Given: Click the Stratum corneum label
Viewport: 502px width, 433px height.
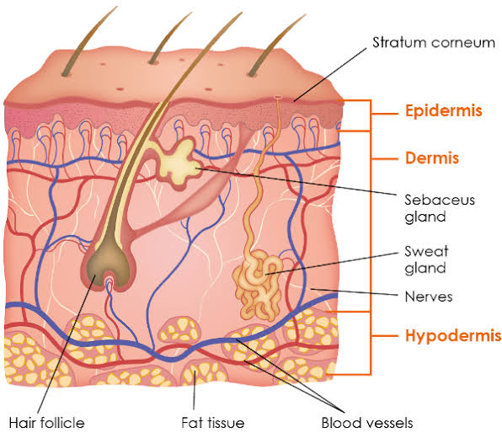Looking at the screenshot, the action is [x=434, y=43].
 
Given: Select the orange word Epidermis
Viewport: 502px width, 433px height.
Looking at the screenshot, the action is [x=443, y=111].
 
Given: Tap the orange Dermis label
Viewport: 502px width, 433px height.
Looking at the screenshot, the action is [x=432, y=158].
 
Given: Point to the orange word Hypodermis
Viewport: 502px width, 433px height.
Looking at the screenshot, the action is [x=453, y=335].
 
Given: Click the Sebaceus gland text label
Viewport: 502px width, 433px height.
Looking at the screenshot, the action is [x=440, y=208].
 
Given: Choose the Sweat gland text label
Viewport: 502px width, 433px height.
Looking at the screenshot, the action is [x=426, y=259].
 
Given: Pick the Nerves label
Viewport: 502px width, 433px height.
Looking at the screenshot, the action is [x=429, y=297].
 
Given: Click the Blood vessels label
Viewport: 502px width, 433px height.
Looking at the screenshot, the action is [x=367, y=423].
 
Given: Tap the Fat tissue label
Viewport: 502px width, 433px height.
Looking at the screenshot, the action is [x=213, y=423].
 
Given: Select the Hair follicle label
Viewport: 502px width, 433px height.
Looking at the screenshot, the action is [x=46, y=423].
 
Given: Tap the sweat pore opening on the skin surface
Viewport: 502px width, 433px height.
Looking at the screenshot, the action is [x=278, y=97].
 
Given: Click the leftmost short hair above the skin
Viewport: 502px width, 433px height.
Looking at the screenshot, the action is [x=88, y=41].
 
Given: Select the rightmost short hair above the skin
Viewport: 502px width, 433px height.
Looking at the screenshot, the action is [x=276, y=45].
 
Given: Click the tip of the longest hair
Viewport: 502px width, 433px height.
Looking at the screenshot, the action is [x=242, y=12].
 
